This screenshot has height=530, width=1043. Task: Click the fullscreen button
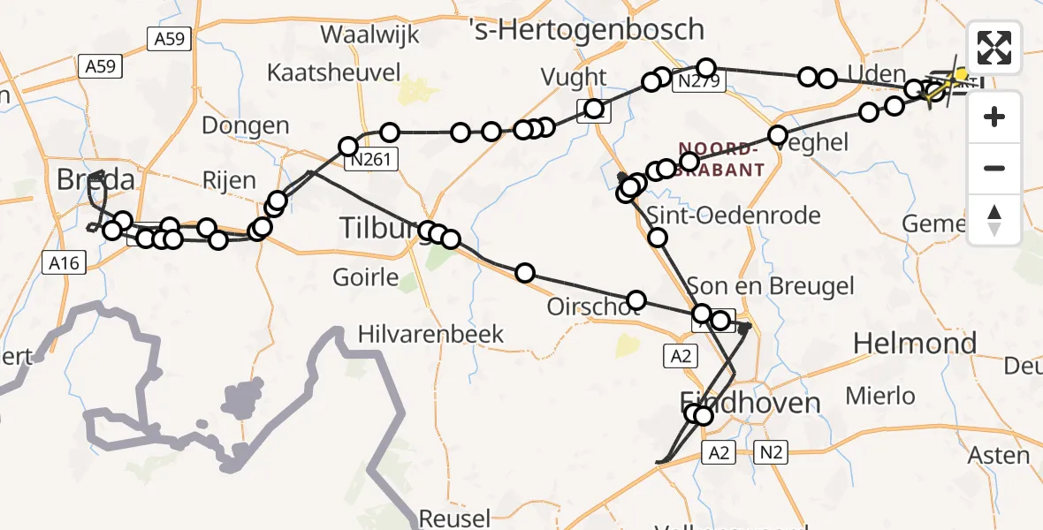pyautogui.click(x=994, y=48)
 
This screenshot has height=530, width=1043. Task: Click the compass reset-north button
pyautogui.click(x=994, y=220)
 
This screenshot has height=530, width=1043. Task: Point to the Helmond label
pyautogui.click(x=915, y=343)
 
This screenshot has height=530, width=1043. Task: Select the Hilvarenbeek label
pyautogui.click(x=430, y=334)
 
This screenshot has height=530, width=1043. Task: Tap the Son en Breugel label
pyautogui.click(x=771, y=285)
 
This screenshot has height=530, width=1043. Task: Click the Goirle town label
pyautogui.click(x=366, y=277)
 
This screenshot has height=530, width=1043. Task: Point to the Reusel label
pyautogui.click(x=454, y=518)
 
